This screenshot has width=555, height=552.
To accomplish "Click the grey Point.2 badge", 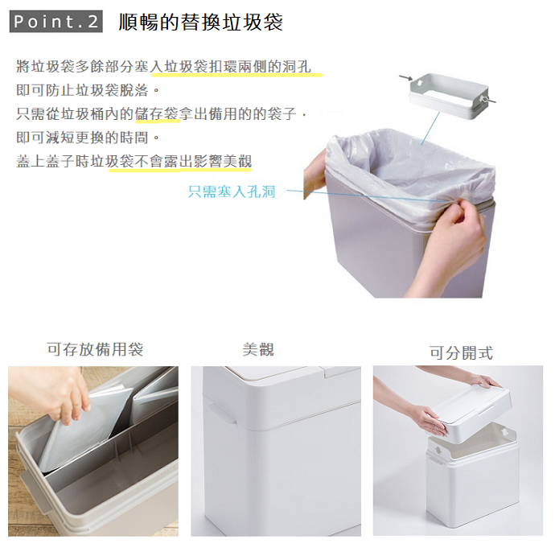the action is [56, 22].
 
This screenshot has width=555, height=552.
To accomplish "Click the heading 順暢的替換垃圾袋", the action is [201, 22].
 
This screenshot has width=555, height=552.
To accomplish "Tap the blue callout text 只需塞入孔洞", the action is [232, 192].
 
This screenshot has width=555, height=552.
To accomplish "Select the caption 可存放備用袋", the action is [95, 349].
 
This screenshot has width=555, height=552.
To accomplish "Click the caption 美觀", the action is [258, 350].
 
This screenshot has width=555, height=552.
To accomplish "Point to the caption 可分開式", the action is [461, 353].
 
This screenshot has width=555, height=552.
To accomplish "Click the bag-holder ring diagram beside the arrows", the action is [449, 96].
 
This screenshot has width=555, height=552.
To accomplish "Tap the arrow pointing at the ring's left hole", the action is [406, 78].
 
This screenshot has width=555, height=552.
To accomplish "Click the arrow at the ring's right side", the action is [488, 101].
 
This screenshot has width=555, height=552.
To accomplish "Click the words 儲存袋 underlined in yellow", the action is [157, 114].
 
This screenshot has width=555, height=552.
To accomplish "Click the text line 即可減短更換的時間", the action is [88, 138].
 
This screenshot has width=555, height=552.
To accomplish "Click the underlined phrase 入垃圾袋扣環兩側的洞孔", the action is [231, 67].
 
